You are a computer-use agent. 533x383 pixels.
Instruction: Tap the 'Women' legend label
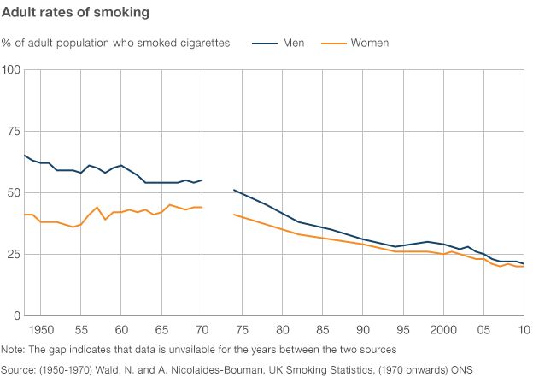click(370, 43)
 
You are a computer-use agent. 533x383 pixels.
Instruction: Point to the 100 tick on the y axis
click(11, 69)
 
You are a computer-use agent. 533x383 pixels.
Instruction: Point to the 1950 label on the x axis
click(41, 329)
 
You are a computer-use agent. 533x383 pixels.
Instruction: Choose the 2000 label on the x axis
click(443, 329)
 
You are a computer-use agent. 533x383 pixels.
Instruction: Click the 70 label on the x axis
click(202, 329)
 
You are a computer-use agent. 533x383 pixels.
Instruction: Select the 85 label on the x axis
click(323, 329)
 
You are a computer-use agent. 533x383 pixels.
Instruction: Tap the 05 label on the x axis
click(483, 329)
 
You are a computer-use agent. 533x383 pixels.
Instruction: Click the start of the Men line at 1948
click(24, 156)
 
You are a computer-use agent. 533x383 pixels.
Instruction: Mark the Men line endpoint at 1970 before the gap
click(202, 180)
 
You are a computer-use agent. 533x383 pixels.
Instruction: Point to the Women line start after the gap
click(234, 215)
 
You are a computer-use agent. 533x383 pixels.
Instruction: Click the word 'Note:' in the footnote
click(14, 350)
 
